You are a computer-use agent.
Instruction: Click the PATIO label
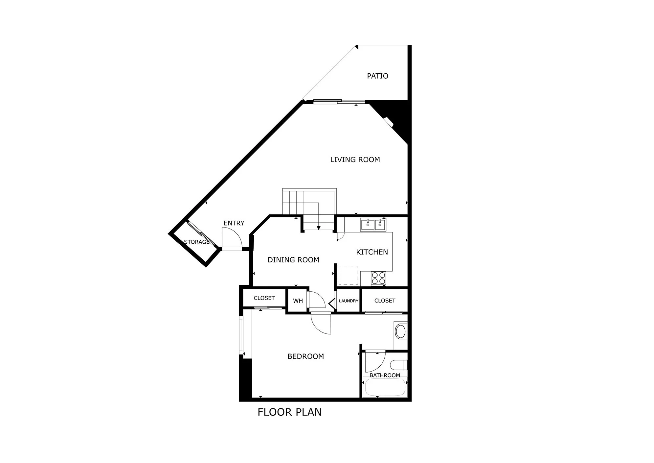pos(377,76)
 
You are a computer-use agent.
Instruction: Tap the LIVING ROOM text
pos(355,159)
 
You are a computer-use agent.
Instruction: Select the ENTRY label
pos(234,223)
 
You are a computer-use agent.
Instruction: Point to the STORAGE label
pos(196,242)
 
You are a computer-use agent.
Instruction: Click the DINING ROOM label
pos(293,260)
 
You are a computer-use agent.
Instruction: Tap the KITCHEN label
pos(372,252)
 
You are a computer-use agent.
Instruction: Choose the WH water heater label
pos(298,301)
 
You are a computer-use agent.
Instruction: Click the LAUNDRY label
pos(349,301)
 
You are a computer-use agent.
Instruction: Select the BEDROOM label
pos(305,356)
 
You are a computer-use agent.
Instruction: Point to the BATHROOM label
pos(385,375)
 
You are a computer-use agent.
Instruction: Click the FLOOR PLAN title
pos(289,412)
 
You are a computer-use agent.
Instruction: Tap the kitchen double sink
pos(373,225)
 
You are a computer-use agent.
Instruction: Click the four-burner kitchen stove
pos(378,278)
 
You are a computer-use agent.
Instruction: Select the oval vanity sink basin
pos(401,332)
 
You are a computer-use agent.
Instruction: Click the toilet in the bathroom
pos(399,365)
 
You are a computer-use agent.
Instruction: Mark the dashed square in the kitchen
pos(348,275)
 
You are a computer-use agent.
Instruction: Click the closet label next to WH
pos(264,298)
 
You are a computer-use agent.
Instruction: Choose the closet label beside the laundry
pos(385,301)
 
